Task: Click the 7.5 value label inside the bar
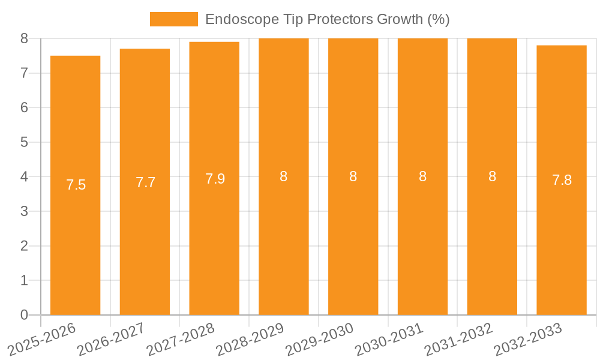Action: click(x=76, y=185)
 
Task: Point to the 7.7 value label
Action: click(x=145, y=182)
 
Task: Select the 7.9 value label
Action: click(x=215, y=179)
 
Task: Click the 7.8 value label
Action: click(x=562, y=180)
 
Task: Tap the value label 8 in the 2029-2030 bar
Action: click(x=353, y=176)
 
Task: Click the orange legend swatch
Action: click(x=173, y=19)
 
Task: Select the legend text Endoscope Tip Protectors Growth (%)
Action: click(x=327, y=19)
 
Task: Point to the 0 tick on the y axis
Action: click(x=24, y=315)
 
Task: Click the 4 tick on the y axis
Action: click(x=24, y=177)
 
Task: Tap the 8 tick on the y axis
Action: click(x=24, y=38)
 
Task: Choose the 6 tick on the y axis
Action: click(x=24, y=108)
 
